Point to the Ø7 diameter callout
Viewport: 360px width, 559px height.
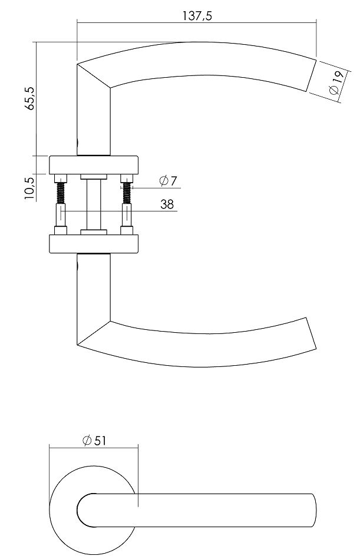point(168,181)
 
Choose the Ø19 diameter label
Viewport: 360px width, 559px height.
point(335,82)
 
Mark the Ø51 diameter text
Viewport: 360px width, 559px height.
point(94,439)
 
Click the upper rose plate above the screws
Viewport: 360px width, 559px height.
point(94,165)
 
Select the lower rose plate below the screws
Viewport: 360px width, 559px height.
point(94,244)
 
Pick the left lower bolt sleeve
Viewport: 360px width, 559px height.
point(60,217)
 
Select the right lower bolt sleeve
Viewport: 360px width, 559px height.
point(127,217)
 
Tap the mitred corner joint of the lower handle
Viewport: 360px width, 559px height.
point(94,333)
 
